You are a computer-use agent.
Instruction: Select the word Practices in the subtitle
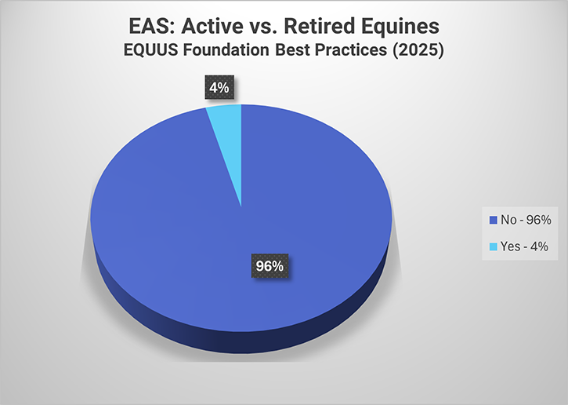coord(349,53)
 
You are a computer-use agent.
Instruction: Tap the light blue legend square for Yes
coord(492,246)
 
